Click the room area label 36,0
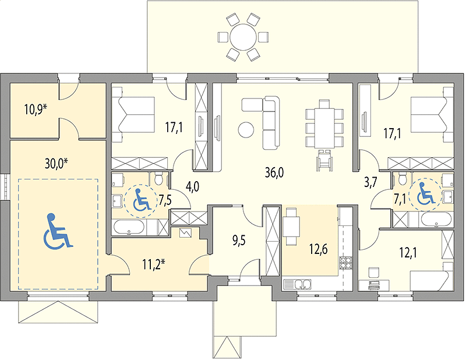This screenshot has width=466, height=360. pyautogui.click(x=274, y=172)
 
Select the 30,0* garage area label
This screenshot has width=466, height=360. pyautogui.click(x=57, y=163)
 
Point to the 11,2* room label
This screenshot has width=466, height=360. pyautogui.click(x=153, y=264)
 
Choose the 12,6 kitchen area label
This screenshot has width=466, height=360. pyautogui.click(x=318, y=249)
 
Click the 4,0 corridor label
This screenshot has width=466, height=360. pyautogui.click(x=192, y=187)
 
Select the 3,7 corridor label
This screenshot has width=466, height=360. pyautogui.click(x=370, y=182)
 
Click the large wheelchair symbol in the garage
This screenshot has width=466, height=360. pyautogui.click(x=58, y=231)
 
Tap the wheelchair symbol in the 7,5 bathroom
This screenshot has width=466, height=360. pyautogui.click(x=140, y=200)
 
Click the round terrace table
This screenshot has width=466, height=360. pyautogui.click(x=243, y=37)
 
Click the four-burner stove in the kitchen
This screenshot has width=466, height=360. pyautogui.click(x=345, y=262)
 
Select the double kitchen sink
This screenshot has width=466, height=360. pyautogui.click(x=297, y=284)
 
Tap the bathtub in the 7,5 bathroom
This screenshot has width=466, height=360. pyautogui.click(x=129, y=227)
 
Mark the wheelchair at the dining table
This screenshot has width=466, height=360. pyautogui.click(x=324, y=161)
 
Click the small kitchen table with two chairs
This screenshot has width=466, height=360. pyautogui.click(x=291, y=227)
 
